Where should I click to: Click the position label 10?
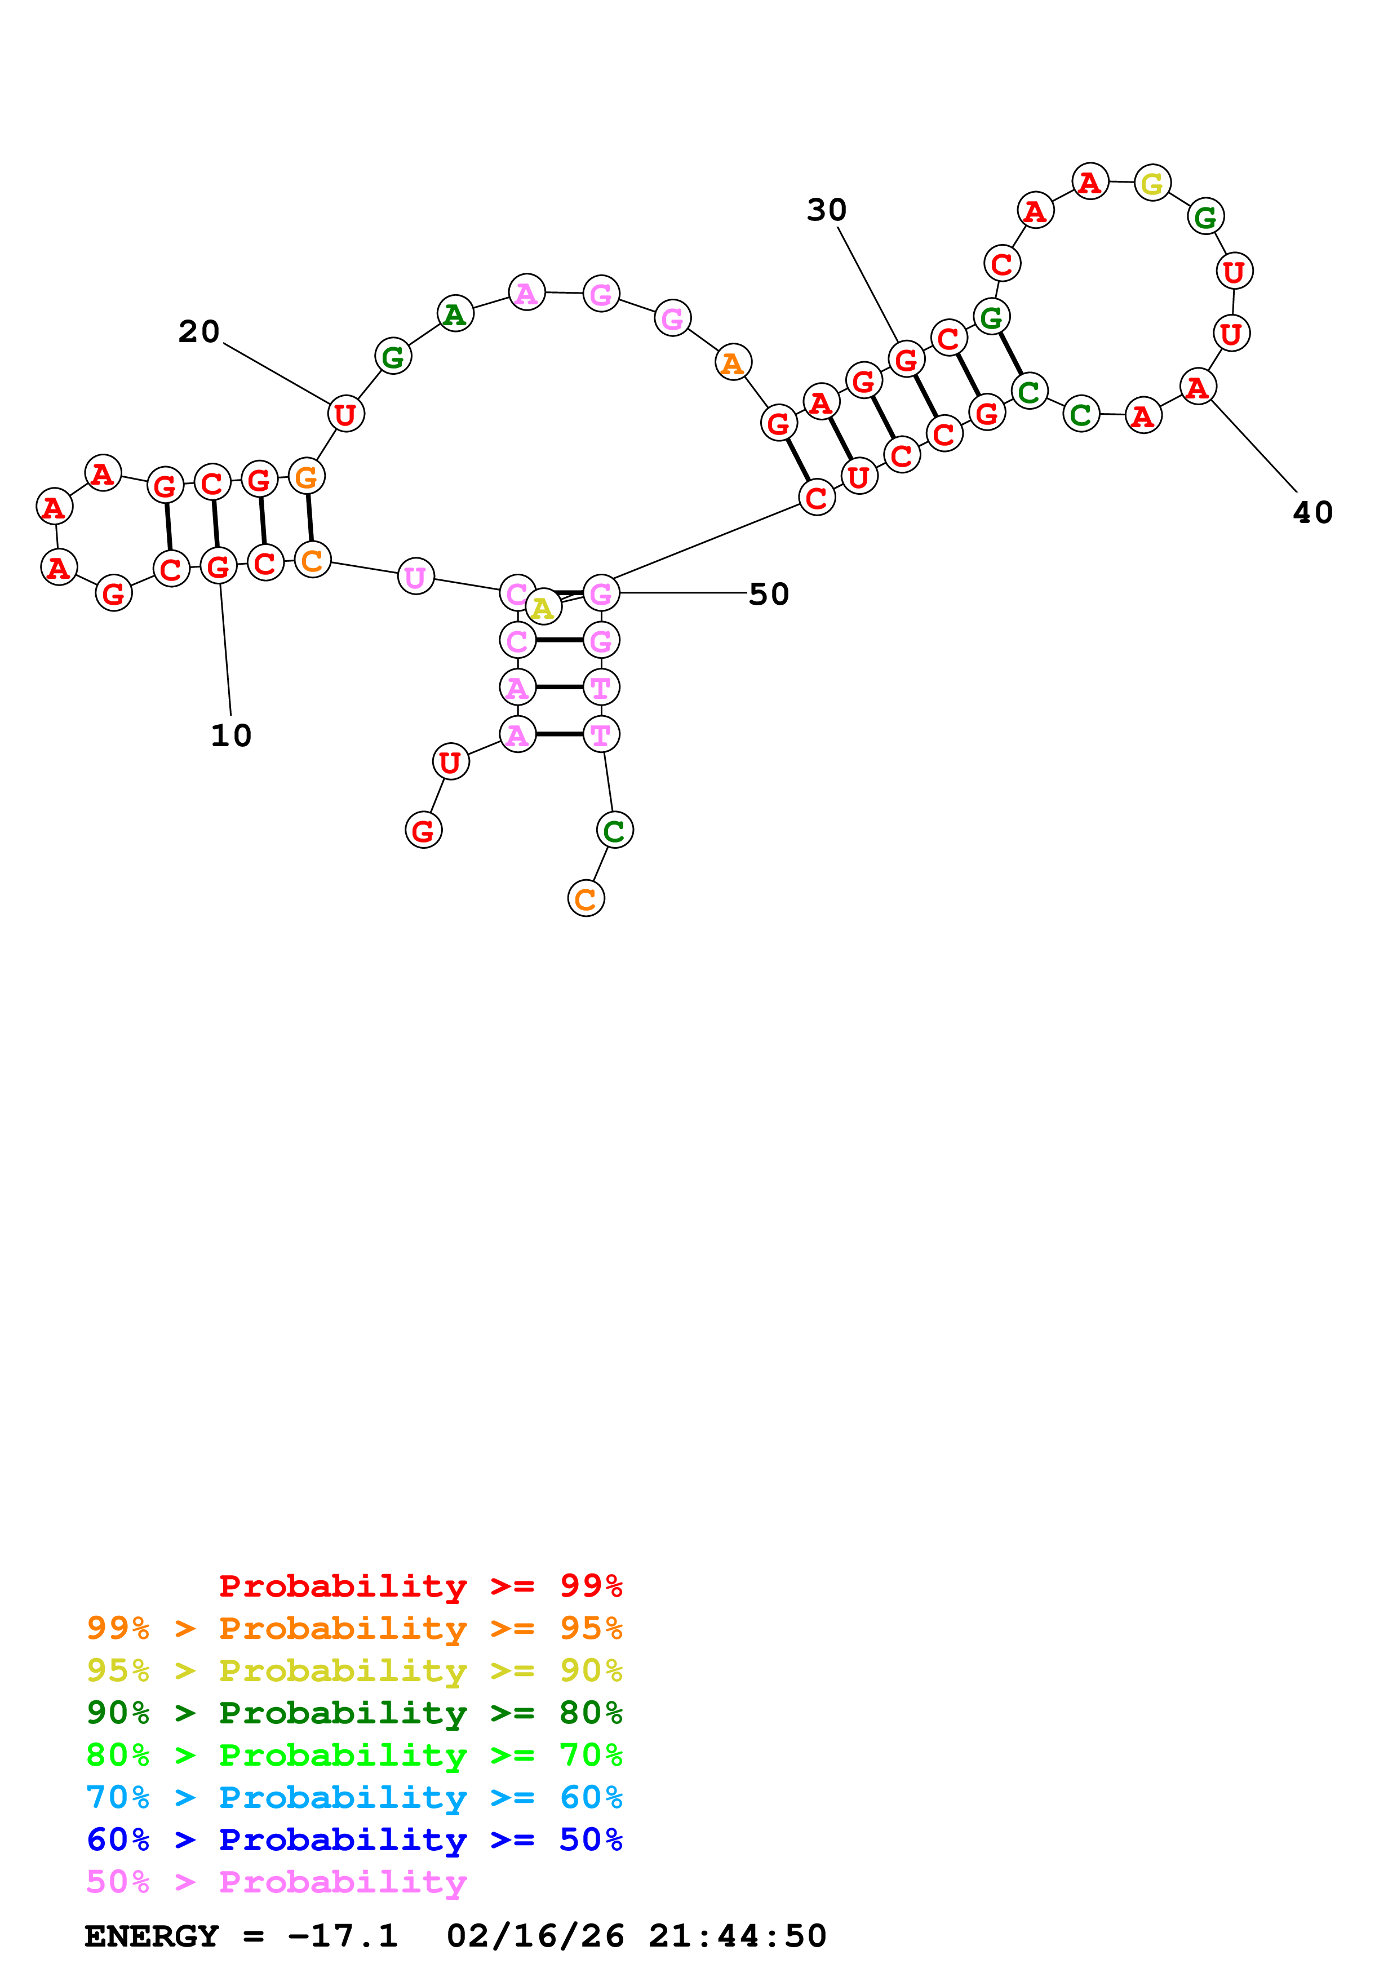click(x=230, y=735)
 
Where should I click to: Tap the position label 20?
click(x=199, y=331)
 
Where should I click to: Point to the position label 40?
click(x=1312, y=513)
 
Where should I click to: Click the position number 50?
click(x=769, y=594)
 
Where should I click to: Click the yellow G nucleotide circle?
click(x=1152, y=183)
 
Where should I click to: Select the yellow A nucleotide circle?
click(x=542, y=608)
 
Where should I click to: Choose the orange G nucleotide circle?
click(x=307, y=476)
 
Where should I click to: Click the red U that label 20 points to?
click(x=345, y=414)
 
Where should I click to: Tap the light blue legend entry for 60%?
click(x=354, y=1798)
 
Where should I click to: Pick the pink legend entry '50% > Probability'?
click(x=276, y=1882)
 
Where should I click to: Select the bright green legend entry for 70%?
click(x=354, y=1756)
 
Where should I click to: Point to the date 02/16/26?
click(x=535, y=1936)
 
